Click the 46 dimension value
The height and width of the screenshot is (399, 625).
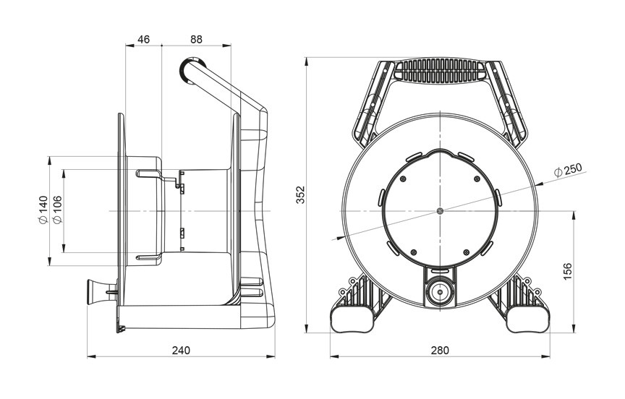tap(143, 40)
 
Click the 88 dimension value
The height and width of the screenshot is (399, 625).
tap(196, 40)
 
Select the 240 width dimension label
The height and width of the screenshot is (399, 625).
tap(181, 351)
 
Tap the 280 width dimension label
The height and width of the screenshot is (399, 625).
tap(440, 351)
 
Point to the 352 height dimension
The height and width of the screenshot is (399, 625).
tap(300, 194)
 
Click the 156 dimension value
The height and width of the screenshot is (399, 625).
tap(567, 272)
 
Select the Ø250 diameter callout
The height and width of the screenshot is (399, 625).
tap(568, 170)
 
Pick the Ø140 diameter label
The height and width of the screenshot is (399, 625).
tap(43, 210)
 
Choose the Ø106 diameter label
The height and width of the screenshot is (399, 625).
tap(56, 210)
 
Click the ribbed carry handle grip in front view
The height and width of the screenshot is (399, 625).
tap(440, 71)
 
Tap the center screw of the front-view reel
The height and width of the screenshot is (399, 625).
tap(440, 210)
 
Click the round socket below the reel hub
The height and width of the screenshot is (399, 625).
tap(440, 292)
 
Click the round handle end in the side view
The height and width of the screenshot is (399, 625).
tap(192, 71)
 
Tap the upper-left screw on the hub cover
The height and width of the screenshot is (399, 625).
tap(403, 179)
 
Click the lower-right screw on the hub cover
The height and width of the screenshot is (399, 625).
tap(466, 252)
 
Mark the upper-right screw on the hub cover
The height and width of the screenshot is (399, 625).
tap(477, 179)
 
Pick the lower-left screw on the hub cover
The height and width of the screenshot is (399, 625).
tap(414, 252)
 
